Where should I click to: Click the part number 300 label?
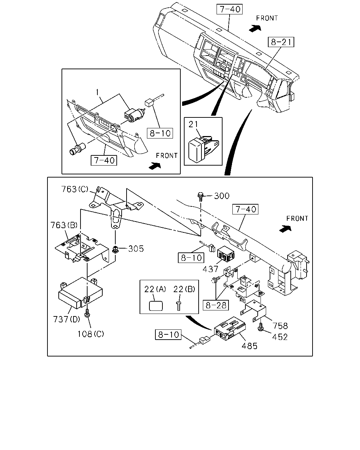click(222, 196)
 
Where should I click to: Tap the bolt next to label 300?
click(200, 197)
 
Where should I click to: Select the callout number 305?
click(136, 249)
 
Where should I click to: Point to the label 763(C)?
click(75, 189)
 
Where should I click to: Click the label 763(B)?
click(64, 225)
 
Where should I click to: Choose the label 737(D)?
click(66, 319)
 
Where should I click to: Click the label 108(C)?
click(91, 334)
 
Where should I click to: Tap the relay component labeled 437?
click(226, 254)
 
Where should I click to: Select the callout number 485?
click(249, 346)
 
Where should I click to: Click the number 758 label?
click(280, 326)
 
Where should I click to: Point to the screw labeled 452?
click(261, 327)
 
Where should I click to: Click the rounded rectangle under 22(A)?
click(156, 306)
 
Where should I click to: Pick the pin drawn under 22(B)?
click(179, 306)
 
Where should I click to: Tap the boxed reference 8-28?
click(216, 305)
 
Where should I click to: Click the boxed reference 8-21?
click(281, 42)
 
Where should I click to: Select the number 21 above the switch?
click(193, 124)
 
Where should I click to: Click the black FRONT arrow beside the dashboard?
click(255, 28)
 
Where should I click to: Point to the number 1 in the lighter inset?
click(97, 92)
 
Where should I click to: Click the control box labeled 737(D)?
click(81, 293)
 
